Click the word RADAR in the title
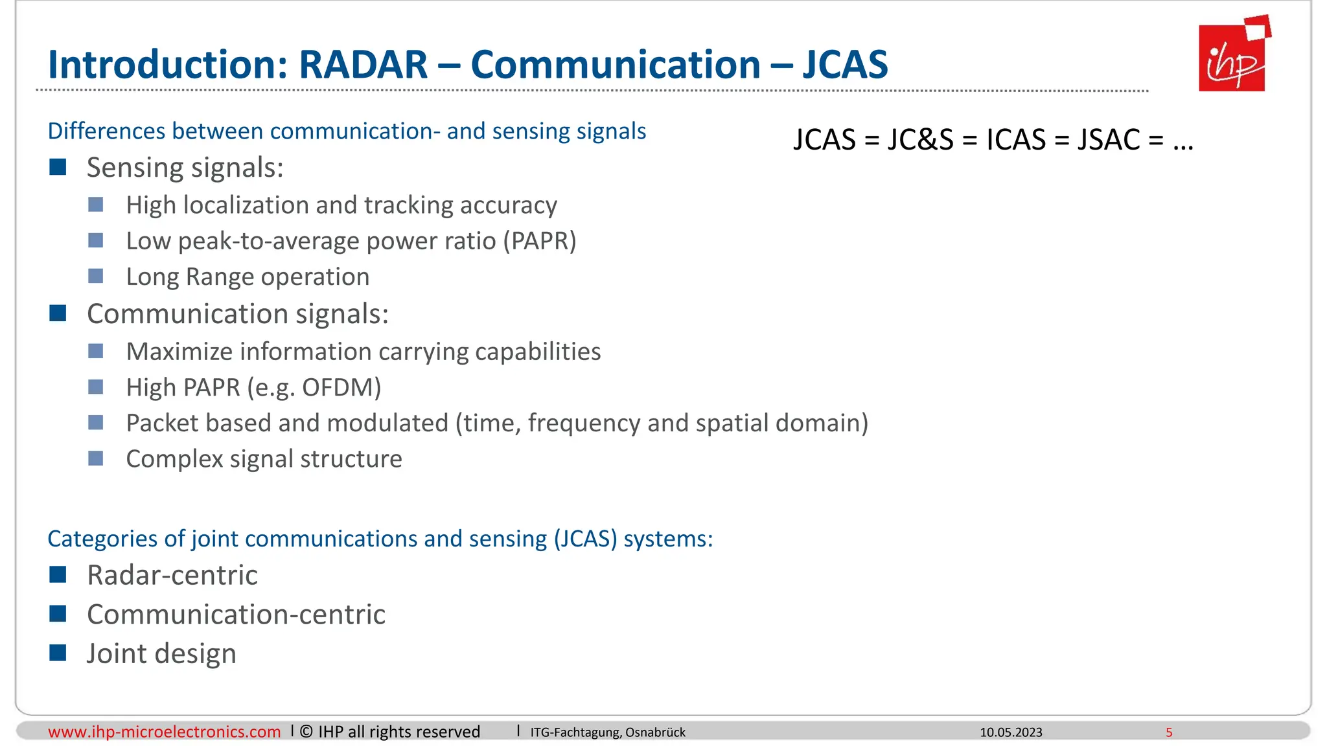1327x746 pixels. [363, 65]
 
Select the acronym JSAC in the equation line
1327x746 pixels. [1108, 140]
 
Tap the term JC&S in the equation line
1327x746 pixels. [920, 140]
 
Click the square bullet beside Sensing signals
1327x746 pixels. [58, 168]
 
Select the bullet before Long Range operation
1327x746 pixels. [96, 277]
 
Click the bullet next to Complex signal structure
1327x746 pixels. [96, 458]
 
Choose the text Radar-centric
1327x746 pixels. [172, 575]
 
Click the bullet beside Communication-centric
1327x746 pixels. [58, 614]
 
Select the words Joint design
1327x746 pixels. [161, 653]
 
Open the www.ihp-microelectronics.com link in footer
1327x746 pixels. [164, 732]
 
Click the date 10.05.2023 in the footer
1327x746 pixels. [1011, 732]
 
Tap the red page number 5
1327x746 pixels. [1169, 732]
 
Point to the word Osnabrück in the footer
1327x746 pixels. [655, 732]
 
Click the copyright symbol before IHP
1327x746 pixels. [306, 732]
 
